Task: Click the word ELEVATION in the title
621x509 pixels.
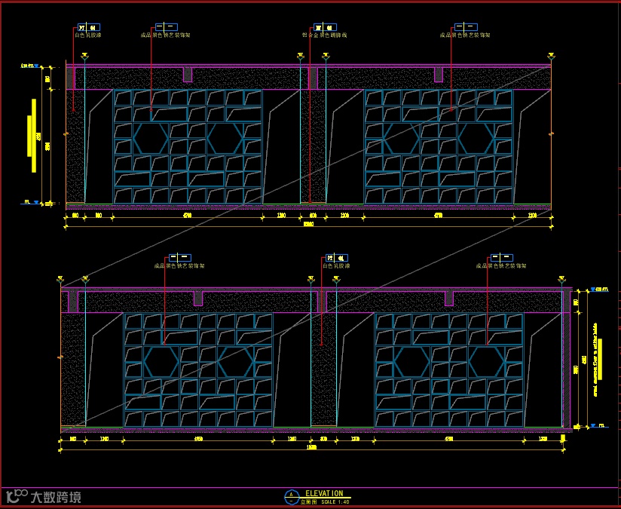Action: pos(324,493)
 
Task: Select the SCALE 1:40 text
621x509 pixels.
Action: pos(335,501)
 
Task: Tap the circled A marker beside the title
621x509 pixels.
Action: pos(291,496)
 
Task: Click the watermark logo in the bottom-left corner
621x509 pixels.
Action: pos(43,497)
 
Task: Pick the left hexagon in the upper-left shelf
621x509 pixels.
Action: pos(151,138)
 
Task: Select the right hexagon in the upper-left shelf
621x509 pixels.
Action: pos(225,138)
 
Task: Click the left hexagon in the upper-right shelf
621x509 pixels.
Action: pos(401,138)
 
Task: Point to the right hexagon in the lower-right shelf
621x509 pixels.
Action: pos(487,362)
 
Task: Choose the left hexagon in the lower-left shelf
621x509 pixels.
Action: pos(161,362)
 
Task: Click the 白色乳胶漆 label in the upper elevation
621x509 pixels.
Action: pos(87,35)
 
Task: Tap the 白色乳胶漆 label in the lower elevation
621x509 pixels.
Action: pos(336,266)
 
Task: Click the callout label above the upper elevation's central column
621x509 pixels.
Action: pos(324,35)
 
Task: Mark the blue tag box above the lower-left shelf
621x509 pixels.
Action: pos(179,257)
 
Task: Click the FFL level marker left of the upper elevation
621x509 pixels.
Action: pos(29,202)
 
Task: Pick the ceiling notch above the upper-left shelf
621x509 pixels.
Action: pos(188,75)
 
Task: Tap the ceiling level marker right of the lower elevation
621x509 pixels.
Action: pos(598,289)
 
